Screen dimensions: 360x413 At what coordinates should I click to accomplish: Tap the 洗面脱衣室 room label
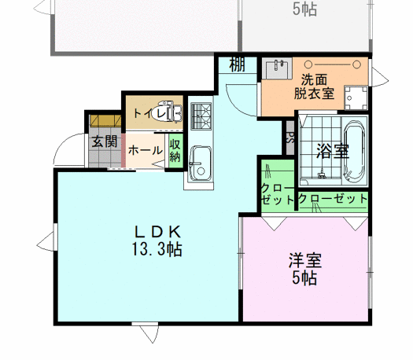314,86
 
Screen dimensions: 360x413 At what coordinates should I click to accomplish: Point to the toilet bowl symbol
168,114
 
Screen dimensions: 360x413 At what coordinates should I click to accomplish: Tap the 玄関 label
103,142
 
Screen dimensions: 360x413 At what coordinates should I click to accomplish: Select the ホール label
145,150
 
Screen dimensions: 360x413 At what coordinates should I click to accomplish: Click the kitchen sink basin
201,160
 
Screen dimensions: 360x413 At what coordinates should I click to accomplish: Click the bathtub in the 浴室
356,149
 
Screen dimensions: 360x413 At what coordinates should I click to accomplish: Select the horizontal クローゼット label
334,200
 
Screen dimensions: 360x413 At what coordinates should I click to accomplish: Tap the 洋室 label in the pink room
304,261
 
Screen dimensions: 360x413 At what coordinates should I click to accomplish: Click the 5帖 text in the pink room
304,279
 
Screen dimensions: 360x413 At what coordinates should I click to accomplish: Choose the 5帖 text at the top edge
304,9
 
